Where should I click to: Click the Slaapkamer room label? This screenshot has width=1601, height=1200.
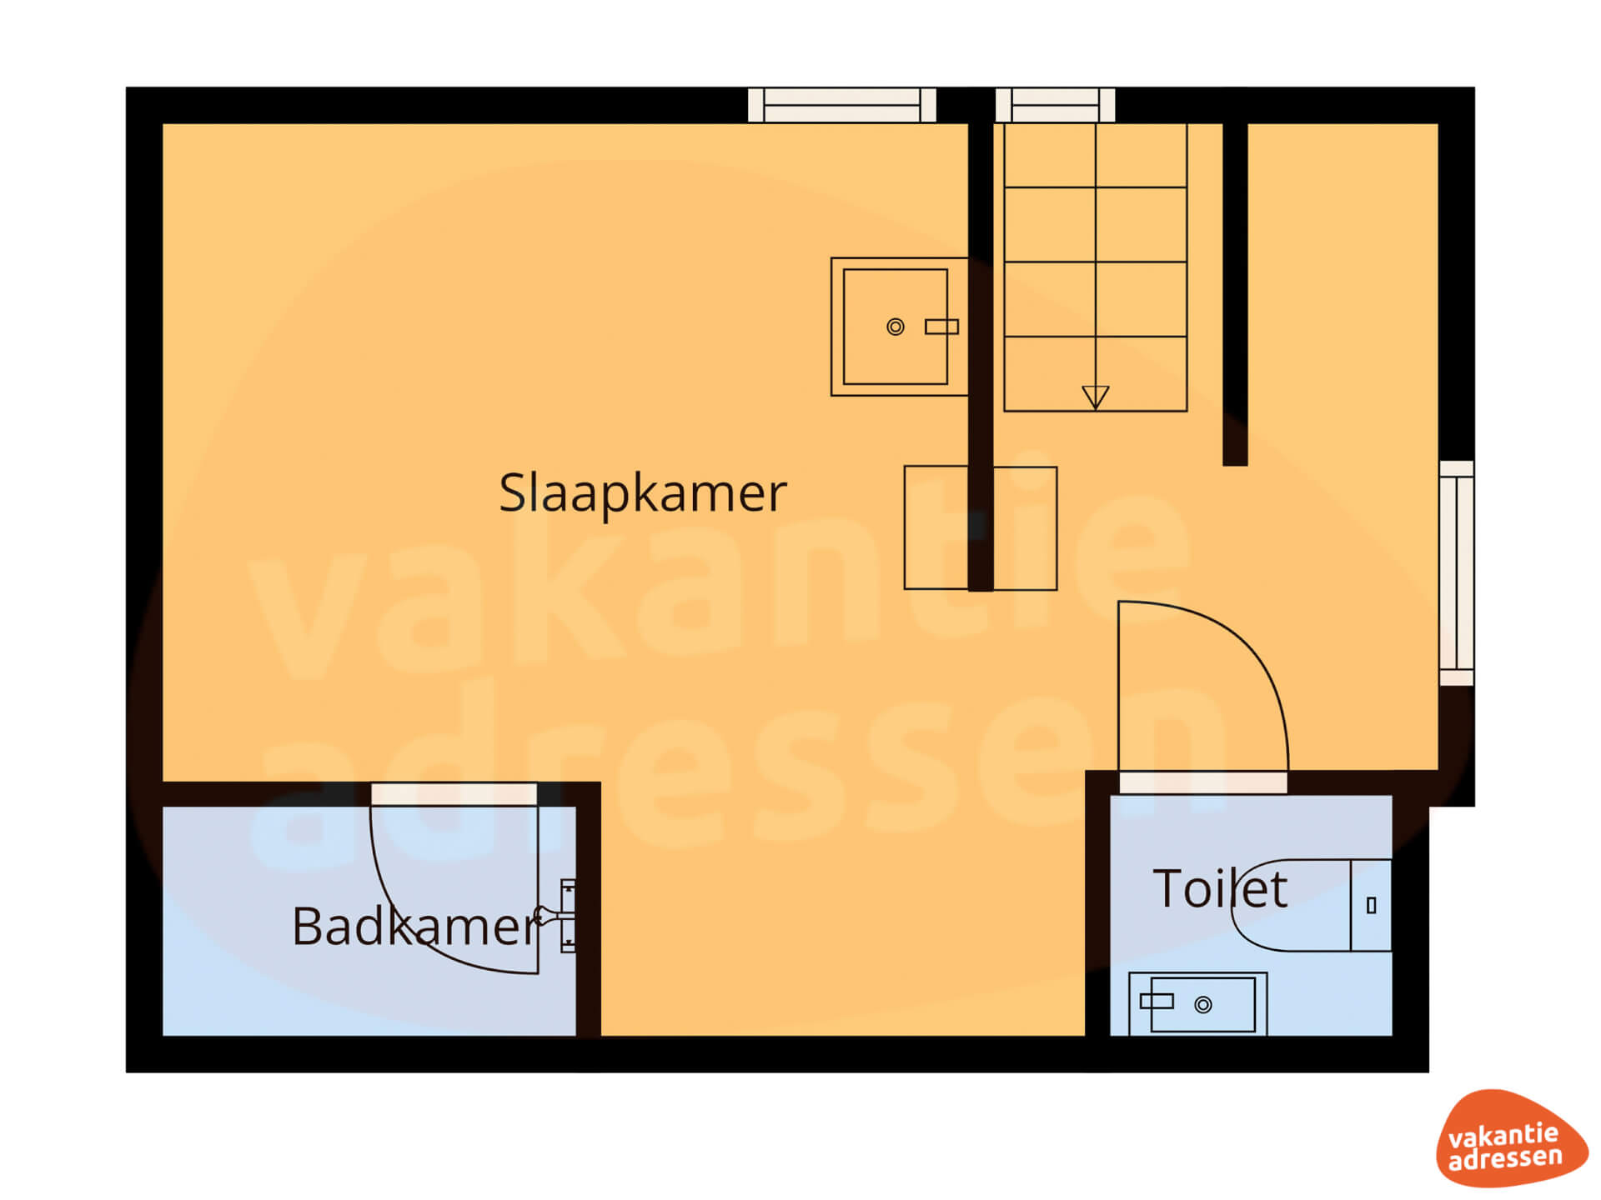pyautogui.click(x=642, y=493)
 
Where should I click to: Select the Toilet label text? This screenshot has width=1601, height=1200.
pyautogui.click(x=1220, y=888)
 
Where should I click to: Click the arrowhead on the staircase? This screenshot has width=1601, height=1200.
pyautogui.click(x=1095, y=397)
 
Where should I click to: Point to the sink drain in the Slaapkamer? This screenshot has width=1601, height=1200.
pyautogui.click(x=895, y=327)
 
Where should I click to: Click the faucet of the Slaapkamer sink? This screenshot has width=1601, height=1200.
pyautogui.click(x=941, y=327)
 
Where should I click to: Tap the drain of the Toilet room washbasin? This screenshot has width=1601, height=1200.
pyautogui.click(x=1202, y=1005)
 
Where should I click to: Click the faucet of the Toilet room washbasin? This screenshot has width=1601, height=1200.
pyautogui.click(x=1157, y=1001)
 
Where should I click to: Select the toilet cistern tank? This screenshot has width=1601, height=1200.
pyautogui.click(x=1371, y=905)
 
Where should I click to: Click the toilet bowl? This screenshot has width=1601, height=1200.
pyautogui.click(x=1291, y=905)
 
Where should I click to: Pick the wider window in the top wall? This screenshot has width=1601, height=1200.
pyautogui.click(x=842, y=106)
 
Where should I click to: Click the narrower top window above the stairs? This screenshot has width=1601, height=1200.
pyautogui.click(x=1055, y=106)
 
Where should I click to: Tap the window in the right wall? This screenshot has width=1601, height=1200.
pyautogui.click(x=1457, y=573)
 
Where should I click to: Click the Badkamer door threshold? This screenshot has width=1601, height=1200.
pyautogui.click(x=454, y=794)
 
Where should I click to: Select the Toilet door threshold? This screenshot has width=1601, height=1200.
pyautogui.click(x=1203, y=782)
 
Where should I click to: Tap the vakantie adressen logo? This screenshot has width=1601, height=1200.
pyautogui.click(x=1510, y=1138)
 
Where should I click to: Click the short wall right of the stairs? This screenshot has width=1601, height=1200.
pyautogui.click(x=1235, y=294)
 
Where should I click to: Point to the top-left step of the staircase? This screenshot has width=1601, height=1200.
pyautogui.click(x=1050, y=156)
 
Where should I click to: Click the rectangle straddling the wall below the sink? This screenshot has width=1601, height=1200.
pyautogui.click(x=981, y=528)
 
